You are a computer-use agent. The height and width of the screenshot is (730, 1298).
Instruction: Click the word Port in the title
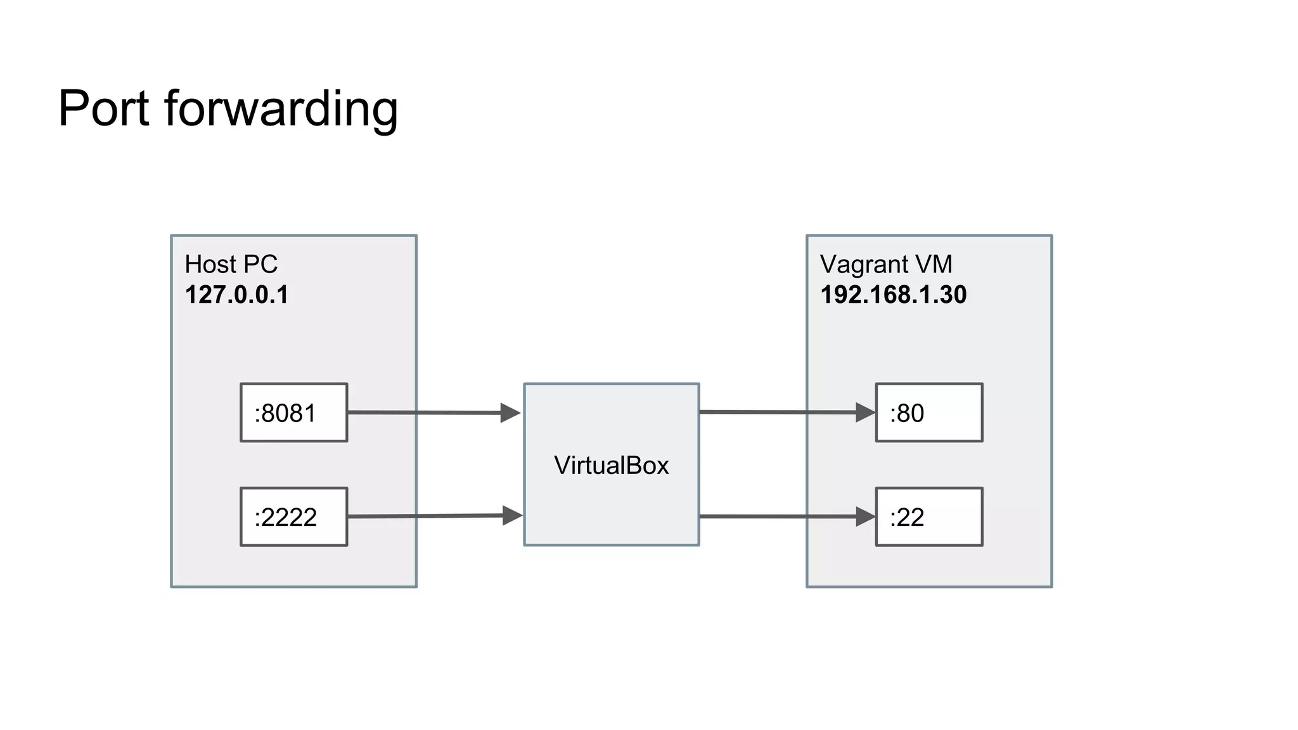[x=103, y=109]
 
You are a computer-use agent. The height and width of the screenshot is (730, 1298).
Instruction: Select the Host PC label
[x=231, y=264]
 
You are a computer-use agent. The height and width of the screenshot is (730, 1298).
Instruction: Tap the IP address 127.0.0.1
[x=236, y=295]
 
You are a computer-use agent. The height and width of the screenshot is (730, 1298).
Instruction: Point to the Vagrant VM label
[x=885, y=264]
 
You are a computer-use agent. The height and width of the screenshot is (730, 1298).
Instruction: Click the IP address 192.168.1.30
[x=893, y=295]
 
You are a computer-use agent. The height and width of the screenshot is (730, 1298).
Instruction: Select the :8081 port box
[x=293, y=413]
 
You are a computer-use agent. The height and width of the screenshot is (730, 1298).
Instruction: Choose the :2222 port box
[x=293, y=516]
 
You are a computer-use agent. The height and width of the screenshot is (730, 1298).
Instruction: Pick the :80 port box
[x=929, y=413]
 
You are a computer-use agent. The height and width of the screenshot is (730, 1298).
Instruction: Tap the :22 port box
[x=929, y=516]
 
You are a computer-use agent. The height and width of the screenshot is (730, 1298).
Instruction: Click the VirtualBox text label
[x=611, y=465]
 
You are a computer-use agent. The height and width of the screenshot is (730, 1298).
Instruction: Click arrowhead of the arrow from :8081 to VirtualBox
[x=510, y=413]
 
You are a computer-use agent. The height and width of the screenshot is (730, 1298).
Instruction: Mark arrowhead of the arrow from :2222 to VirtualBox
[x=511, y=515]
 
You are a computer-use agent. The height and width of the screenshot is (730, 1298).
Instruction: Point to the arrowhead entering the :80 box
[x=864, y=413]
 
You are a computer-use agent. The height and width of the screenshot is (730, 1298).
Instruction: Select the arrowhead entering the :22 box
[x=864, y=516]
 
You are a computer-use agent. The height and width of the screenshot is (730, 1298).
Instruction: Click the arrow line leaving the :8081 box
[x=425, y=413]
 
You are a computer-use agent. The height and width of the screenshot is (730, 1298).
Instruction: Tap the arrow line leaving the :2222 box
[x=425, y=516]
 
